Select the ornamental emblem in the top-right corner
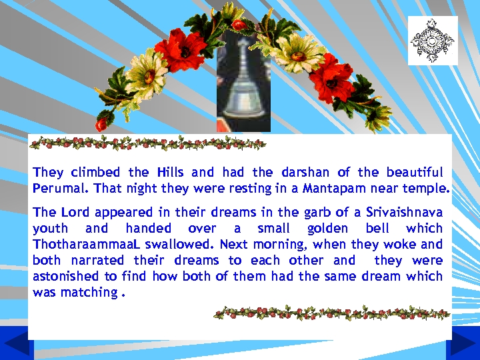(433, 41)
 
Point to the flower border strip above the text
(148, 143)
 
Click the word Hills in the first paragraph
(171, 173)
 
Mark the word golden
(327, 229)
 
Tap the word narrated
(96, 261)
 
